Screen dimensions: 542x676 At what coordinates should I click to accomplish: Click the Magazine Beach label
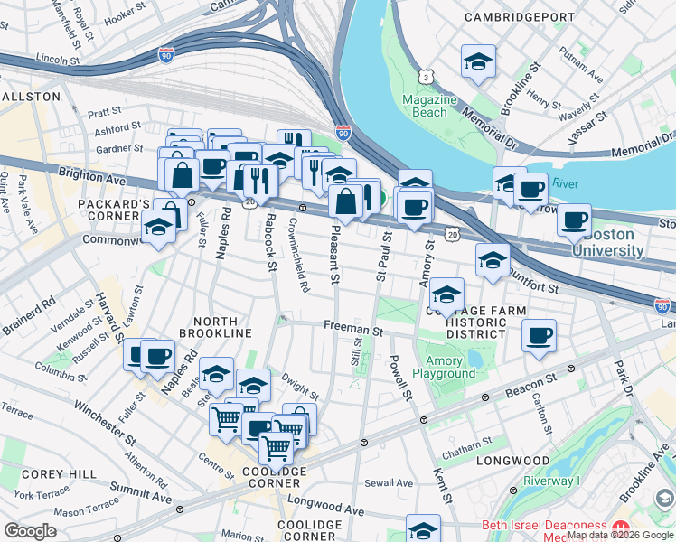coord(425,106)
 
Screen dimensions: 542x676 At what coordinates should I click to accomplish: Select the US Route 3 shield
coord(425,79)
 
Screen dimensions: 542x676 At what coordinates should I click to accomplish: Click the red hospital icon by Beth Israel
coord(620,527)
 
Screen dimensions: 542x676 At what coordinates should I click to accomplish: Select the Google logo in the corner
coord(31,531)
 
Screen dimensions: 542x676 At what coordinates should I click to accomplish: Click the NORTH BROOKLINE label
coord(215,327)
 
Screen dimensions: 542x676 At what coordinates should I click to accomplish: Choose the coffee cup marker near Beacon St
coord(539,336)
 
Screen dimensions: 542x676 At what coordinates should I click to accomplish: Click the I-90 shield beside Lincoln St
coord(165,55)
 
